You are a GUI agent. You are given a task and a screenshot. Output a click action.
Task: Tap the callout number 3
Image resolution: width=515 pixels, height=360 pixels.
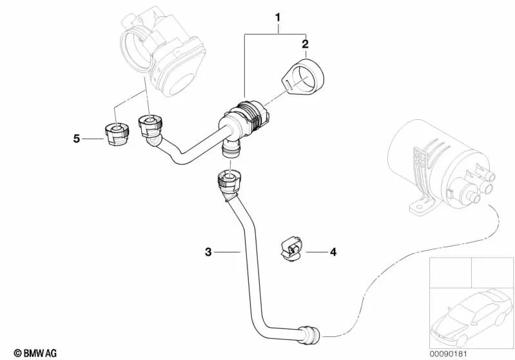[208, 253]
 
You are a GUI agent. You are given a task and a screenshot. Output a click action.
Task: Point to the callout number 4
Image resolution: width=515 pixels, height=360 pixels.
[333, 252]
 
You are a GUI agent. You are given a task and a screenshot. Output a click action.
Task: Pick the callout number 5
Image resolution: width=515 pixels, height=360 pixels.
[76, 138]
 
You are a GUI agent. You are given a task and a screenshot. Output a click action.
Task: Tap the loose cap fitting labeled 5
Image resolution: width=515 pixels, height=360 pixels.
[114, 131]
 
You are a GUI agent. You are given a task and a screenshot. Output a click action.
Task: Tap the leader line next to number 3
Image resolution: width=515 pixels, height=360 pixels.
[228, 253]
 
